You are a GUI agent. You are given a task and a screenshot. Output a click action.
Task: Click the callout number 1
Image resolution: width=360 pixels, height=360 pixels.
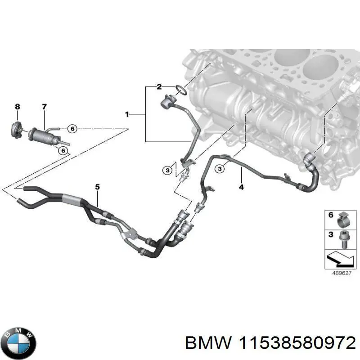click(x=127, y=115)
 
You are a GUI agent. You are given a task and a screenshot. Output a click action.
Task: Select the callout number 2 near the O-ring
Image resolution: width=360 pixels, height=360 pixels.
click(x=159, y=87)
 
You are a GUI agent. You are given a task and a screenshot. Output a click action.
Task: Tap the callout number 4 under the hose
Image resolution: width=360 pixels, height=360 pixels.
click(x=241, y=187)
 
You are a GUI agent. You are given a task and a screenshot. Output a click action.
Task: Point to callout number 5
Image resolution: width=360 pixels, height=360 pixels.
click(x=97, y=186)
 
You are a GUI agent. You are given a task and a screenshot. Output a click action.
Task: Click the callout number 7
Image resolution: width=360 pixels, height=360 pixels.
click(x=44, y=107)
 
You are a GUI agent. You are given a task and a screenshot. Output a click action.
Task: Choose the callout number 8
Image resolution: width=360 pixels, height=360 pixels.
click(x=18, y=107)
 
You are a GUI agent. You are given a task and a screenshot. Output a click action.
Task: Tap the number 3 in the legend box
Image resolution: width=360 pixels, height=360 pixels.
click(x=331, y=235)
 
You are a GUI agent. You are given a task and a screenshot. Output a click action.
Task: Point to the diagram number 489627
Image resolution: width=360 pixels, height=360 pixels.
click(x=338, y=272)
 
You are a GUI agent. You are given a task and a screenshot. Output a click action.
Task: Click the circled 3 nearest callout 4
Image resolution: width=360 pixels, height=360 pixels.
click(x=219, y=169)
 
